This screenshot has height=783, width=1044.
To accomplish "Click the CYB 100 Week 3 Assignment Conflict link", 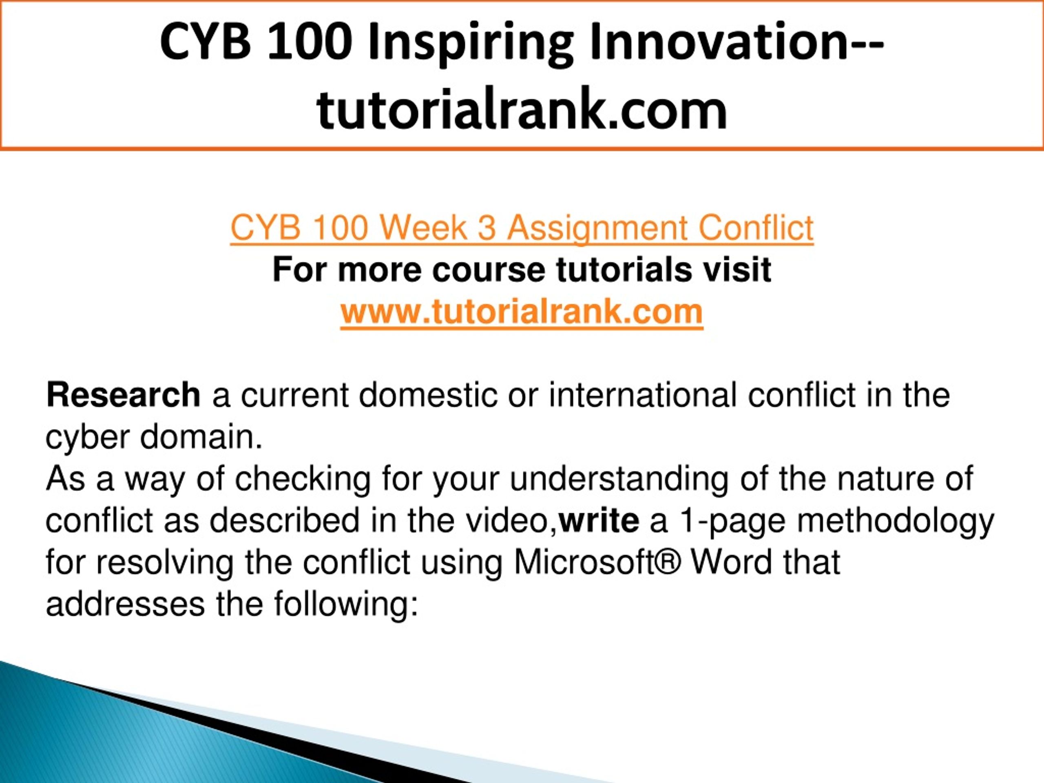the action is (x=522, y=228).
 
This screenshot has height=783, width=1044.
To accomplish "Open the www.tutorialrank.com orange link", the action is (x=522, y=312).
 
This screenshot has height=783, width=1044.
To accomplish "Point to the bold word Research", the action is (x=123, y=395).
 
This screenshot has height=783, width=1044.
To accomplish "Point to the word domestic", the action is (x=428, y=395).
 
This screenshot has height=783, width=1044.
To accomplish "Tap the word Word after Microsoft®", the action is (x=731, y=562).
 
